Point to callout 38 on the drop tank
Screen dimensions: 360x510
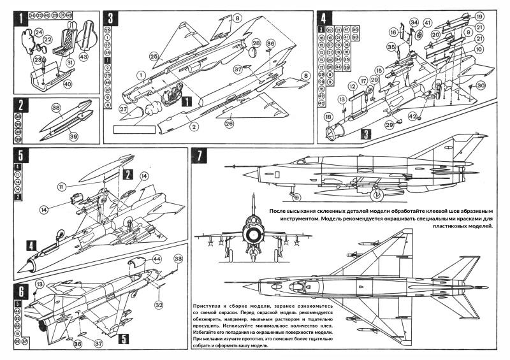(x=57, y=108)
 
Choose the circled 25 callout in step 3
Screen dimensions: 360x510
(x=152, y=57)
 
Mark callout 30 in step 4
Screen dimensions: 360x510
(x=481, y=85)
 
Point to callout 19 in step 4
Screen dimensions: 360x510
(x=479, y=16)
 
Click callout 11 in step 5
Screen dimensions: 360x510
(x=62, y=187)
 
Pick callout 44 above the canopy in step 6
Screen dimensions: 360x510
(x=157, y=260)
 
